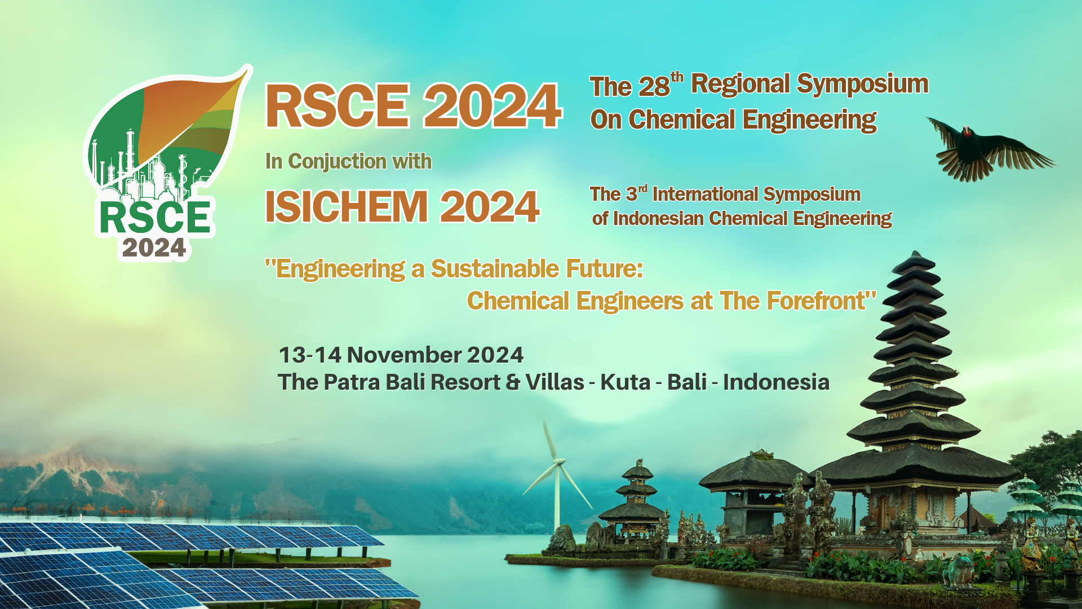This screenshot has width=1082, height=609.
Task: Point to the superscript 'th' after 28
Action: [677, 77]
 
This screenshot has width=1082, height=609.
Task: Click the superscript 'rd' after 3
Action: [642, 188]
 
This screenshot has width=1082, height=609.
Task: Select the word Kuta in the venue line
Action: [626, 382]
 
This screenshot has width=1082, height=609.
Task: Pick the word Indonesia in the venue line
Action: [776, 382]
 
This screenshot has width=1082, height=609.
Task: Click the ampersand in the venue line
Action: [513, 382]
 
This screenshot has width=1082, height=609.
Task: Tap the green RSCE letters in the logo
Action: [156, 218]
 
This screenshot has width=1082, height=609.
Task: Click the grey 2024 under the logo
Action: [154, 248]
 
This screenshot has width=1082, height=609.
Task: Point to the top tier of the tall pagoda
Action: [914, 260]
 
